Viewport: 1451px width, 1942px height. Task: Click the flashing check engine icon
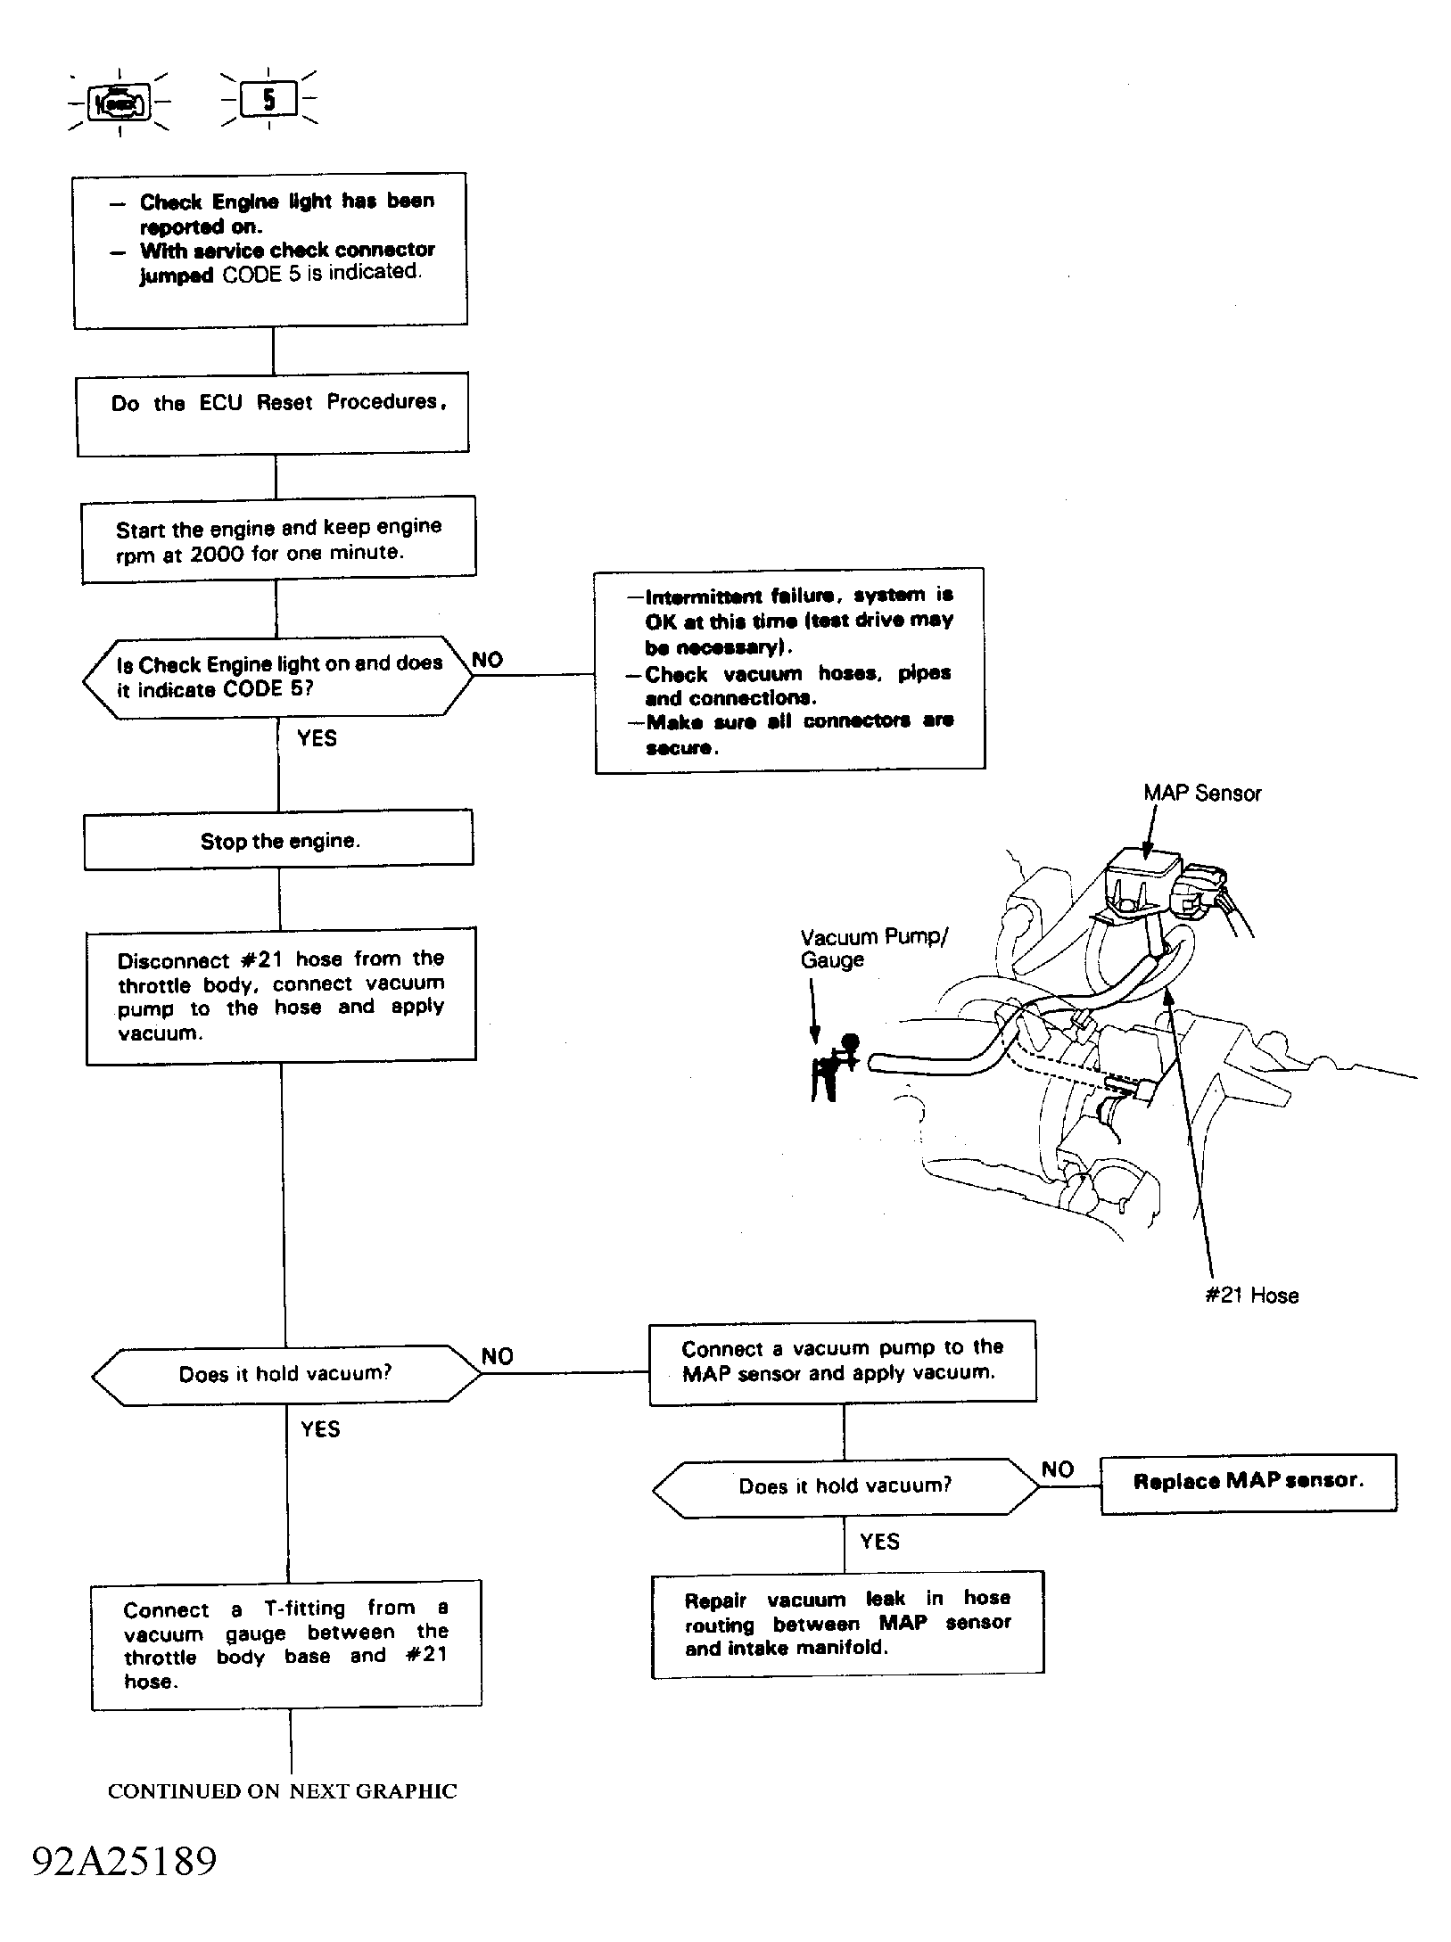click(x=119, y=103)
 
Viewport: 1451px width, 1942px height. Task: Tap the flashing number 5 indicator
click(x=268, y=99)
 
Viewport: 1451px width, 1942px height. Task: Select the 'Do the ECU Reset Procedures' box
click(x=273, y=414)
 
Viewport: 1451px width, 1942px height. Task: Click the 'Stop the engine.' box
click(x=278, y=839)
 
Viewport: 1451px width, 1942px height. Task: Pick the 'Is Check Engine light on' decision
click(x=278, y=677)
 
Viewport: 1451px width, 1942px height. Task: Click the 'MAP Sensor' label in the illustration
click(x=1202, y=793)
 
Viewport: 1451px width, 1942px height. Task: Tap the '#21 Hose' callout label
click(x=1251, y=1295)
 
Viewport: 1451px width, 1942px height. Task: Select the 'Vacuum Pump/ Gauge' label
click(x=874, y=948)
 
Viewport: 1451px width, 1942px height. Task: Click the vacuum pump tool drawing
click(x=834, y=1066)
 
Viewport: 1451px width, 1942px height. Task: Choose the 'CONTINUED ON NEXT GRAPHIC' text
click(x=282, y=1791)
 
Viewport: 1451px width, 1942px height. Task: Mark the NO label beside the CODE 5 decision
click(x=487, y=660)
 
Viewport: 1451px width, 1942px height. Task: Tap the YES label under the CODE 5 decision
click(x=317, y=737)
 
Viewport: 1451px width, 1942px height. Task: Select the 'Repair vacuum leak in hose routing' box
click(x=847, y=1625)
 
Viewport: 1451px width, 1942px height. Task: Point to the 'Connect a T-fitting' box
click(x=286, y=1645)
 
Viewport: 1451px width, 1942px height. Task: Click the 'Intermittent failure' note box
click(x=790, y=670)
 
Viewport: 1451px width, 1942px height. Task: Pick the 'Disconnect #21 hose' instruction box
click(x=281, y=996)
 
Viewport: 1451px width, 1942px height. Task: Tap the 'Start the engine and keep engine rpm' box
click(x=278, y=539)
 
